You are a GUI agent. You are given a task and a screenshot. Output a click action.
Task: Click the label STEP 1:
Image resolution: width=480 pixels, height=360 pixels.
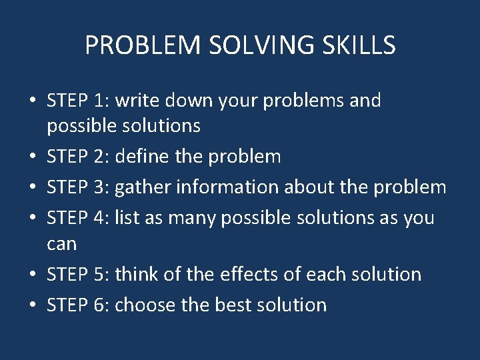78,101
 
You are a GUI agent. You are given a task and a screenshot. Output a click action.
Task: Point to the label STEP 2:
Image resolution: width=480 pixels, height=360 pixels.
78,157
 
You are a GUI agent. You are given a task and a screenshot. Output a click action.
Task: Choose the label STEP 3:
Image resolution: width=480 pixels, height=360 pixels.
78,187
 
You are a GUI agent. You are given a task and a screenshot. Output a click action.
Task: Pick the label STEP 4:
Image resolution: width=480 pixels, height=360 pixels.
78,217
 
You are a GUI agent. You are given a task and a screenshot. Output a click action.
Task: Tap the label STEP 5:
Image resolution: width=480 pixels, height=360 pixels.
78,274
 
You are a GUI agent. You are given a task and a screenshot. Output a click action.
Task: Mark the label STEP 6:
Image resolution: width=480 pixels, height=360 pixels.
78,305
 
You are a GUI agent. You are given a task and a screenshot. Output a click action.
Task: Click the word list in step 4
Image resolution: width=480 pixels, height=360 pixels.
125,217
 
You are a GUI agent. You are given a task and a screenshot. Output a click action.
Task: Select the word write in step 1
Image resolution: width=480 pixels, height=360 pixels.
136,101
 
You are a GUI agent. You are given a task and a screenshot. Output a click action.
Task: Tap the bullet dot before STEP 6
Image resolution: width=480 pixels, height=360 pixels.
33,305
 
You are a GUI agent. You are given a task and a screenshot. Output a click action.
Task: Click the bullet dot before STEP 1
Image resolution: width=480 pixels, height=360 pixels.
33,101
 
